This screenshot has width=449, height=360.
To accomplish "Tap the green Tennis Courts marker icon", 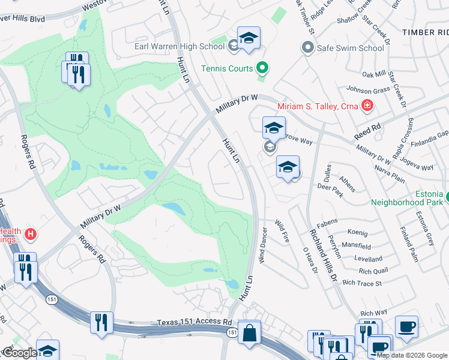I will point(262,69).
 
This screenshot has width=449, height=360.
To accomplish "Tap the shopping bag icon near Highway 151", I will point(249,332).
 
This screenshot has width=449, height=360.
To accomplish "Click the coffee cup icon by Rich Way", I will point(406,326).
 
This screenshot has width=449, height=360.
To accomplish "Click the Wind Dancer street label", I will point(262,245).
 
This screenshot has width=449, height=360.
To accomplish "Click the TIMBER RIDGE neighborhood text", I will point(425,32).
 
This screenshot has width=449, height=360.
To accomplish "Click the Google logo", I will point(20,353).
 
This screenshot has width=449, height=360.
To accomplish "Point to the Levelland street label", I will point(368,259).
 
